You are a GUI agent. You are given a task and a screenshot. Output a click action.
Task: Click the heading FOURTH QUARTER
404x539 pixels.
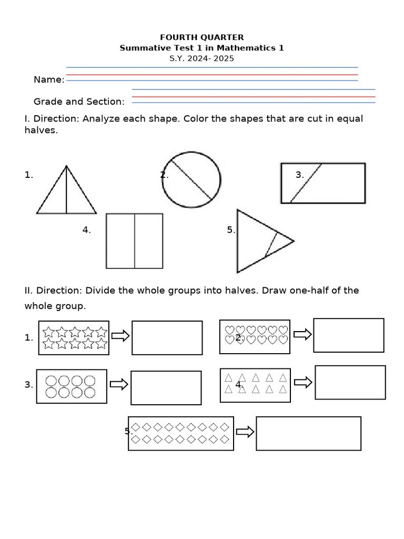(202, 37)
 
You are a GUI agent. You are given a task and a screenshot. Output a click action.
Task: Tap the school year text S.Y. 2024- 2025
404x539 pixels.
(201, 58)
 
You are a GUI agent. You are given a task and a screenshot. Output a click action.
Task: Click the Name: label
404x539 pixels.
(49, 79)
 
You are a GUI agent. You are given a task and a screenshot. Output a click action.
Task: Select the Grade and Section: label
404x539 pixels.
(79, 102)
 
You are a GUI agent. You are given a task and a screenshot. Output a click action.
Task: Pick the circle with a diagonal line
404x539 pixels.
(191, 179)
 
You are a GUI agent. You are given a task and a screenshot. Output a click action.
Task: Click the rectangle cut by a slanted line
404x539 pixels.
(323, 183)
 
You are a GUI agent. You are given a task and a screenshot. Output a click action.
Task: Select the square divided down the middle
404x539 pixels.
(135, 241)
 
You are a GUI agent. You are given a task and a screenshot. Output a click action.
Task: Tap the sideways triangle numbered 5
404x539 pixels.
(258, 241)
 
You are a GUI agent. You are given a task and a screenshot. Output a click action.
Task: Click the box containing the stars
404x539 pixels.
(74, 338)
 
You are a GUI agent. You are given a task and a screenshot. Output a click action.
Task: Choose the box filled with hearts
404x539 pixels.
(255, 336)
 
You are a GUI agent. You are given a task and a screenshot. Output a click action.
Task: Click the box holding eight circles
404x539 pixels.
(72, 386)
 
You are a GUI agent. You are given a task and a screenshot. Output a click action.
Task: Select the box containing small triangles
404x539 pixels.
(255, 385)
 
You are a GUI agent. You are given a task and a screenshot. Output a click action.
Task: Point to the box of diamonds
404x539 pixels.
(181, 433)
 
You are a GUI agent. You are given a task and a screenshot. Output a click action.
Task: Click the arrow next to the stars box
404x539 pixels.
(120, 336)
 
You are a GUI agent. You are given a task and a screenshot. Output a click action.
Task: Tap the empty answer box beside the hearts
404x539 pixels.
(348, 335)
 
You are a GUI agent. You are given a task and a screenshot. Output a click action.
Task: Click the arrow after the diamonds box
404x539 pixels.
(245, 432)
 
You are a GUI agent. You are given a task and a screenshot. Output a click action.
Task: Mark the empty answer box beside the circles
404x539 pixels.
(166, 388)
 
